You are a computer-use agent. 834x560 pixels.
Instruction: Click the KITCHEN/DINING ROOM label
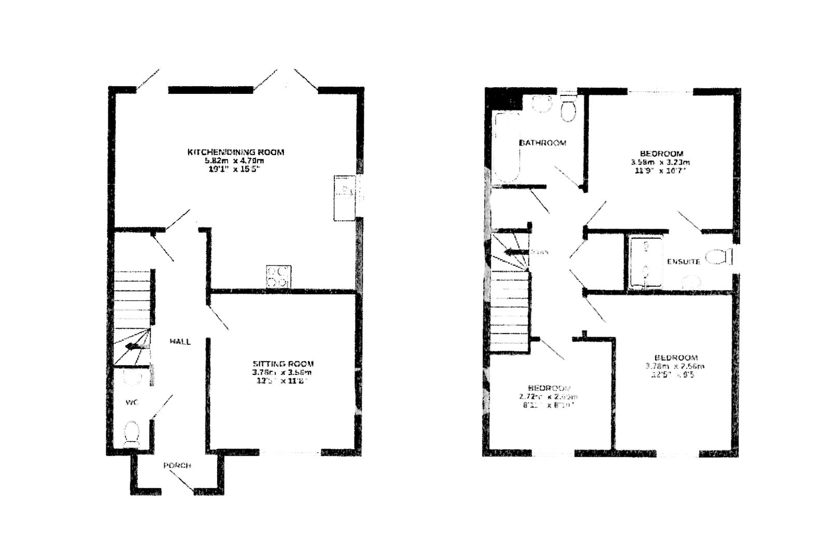click(236, 152)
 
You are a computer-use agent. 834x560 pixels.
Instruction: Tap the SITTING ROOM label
click(283, 364)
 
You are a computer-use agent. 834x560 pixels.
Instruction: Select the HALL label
click(180, 342)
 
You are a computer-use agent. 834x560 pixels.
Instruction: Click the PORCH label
click(177, 466)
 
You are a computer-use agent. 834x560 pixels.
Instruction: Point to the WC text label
click(132, 402)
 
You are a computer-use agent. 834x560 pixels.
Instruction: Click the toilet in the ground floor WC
click(132, 434)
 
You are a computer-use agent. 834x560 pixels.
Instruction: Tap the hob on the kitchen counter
click(278, 276)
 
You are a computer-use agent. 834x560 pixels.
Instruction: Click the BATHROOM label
click(543, 143)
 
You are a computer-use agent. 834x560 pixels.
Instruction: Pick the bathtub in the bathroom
click(506, 147)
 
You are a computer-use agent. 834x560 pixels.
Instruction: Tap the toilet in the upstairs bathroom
click(569, 109)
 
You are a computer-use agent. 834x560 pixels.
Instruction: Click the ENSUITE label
click(683, 262)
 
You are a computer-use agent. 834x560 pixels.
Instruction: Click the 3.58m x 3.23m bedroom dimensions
click(660, 162)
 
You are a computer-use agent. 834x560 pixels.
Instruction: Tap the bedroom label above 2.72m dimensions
click(549, 388)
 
